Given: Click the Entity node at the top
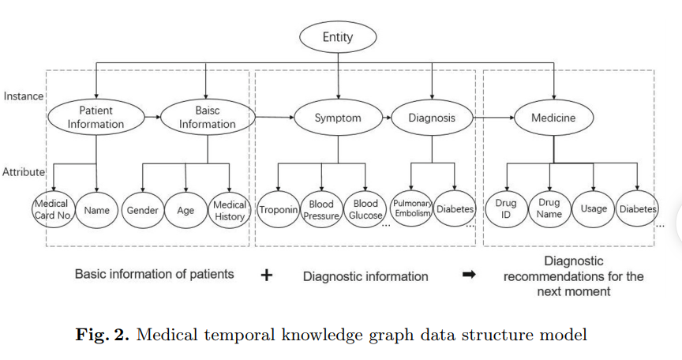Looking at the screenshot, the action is (x=338, y=37).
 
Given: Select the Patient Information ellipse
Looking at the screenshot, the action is (x=96, y=118).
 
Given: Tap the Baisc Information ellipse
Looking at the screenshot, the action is (x=208, y=118).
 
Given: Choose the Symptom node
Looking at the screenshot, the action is (x=338, y=118).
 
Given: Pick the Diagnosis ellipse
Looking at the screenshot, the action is (x=432, y=118).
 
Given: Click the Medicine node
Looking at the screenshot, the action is (x=553, y=118).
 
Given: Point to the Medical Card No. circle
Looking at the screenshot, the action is (x=53, y=209).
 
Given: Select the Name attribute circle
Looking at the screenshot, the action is (x=96, y=210).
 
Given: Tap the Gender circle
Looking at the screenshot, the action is (x=143, y=210).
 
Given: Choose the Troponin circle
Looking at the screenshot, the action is (x=279, y=209).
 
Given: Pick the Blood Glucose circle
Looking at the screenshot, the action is (x=365, y=209).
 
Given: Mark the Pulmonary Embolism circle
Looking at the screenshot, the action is (x=412, y=208).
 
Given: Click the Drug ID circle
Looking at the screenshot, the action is (x=506, y=209).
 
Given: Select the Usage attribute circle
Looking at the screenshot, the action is (x=594, y=209).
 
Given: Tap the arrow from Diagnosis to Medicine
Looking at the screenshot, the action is (x=493, y=118).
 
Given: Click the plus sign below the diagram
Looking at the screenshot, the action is (x=267, y=275).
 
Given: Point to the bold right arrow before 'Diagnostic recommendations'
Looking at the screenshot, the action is (x=469, y=275).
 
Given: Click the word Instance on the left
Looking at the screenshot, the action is (x=24, y=96).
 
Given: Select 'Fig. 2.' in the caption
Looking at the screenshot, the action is (x=103, y=335).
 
